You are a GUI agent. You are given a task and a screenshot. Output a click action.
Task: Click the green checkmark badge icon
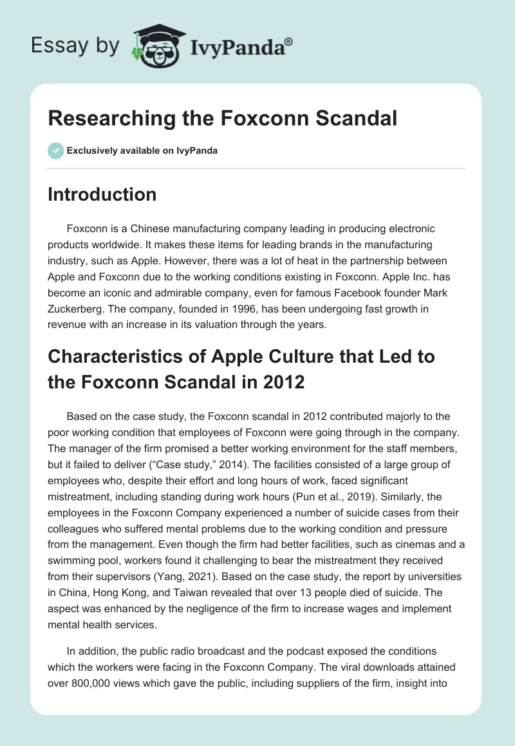tap(55, 150)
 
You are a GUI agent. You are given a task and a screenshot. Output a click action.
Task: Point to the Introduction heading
tap(102, 195)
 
